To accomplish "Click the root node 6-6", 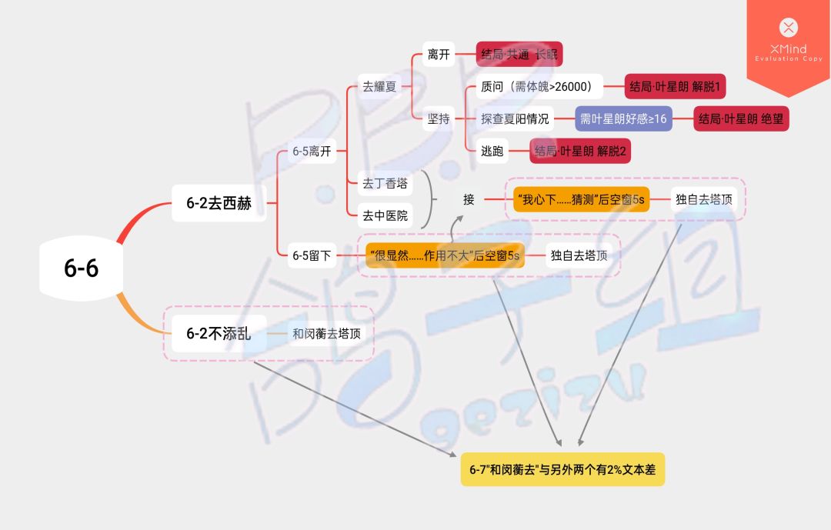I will tap(81, 268).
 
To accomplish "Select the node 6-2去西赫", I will tap(219, 204).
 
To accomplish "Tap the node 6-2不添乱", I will tap(219, 333).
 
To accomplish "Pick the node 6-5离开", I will tap(312, 151).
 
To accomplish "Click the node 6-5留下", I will tap(312, 255).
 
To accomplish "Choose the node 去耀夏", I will tap(380, 87).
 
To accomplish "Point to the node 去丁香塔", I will tap(385, 184).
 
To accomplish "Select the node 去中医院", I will tap(385, 215).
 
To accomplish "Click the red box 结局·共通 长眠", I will tap(519, 55).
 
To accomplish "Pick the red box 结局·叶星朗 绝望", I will tap(742, 118).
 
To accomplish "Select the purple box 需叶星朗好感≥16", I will tap(623, 118).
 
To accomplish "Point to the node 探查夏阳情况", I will tap(515, 118).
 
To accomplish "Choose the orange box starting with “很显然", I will tap(445, 255).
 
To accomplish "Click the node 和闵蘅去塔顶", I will tap(326, 334).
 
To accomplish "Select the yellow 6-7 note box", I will tap(562, 469).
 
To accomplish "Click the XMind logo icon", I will tap(788, 28).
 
